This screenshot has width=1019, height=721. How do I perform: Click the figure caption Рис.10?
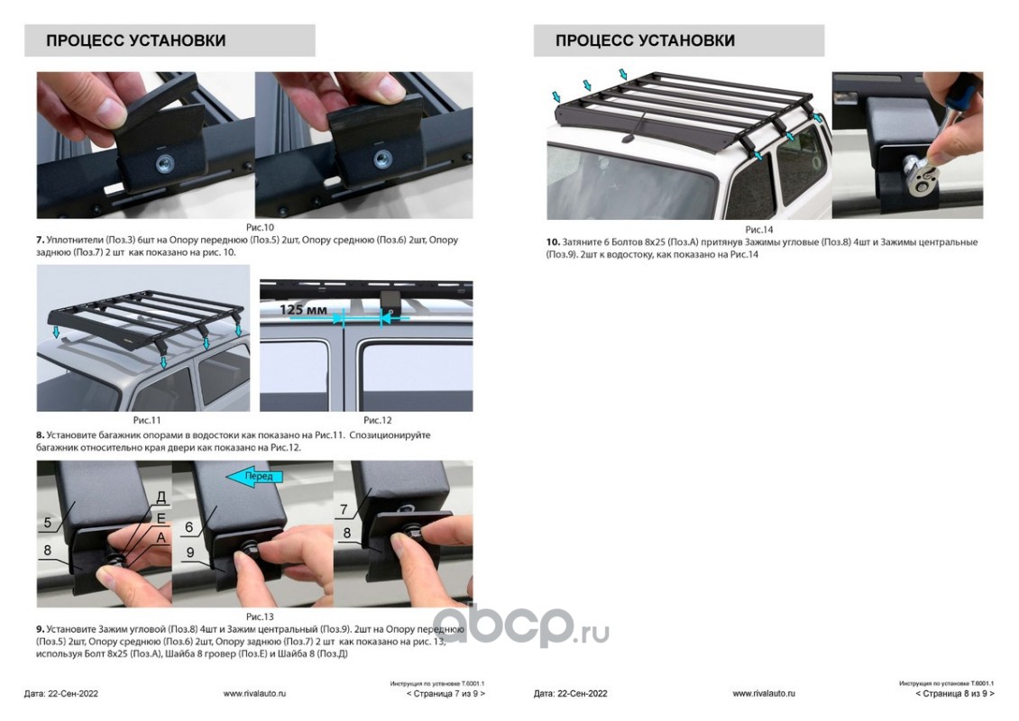click(x=260, y=227)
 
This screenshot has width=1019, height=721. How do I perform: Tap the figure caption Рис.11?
click(x=147, y=420)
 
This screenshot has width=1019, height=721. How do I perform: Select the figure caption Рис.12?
click(x=378, y=420)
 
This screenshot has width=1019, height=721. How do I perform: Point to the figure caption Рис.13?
click(x=260, y=616)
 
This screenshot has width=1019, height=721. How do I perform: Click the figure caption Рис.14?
click(x=758, y=229)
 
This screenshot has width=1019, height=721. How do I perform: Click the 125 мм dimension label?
click(x=304, y=309)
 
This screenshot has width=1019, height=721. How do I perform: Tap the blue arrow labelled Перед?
click(x=255, y=477)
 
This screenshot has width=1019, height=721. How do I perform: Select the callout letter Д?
click(x=161, y=497)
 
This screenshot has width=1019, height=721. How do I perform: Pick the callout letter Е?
click(x=161, y=518)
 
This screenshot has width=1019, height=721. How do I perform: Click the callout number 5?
click(x=48, y=523)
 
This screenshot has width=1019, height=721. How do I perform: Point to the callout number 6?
click(x=189, y=527)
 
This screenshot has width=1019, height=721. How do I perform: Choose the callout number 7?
click(x=344, y=510)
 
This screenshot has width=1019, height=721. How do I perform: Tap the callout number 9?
click(x=190, y=552)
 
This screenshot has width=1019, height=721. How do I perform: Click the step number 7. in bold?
click(x=41, y=240)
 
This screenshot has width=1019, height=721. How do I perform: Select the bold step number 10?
click(x=553, y=242)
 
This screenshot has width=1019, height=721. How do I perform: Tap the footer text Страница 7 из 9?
click(x=445, y=694)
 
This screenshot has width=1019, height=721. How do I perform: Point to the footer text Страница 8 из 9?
click(x=955, y=694)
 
